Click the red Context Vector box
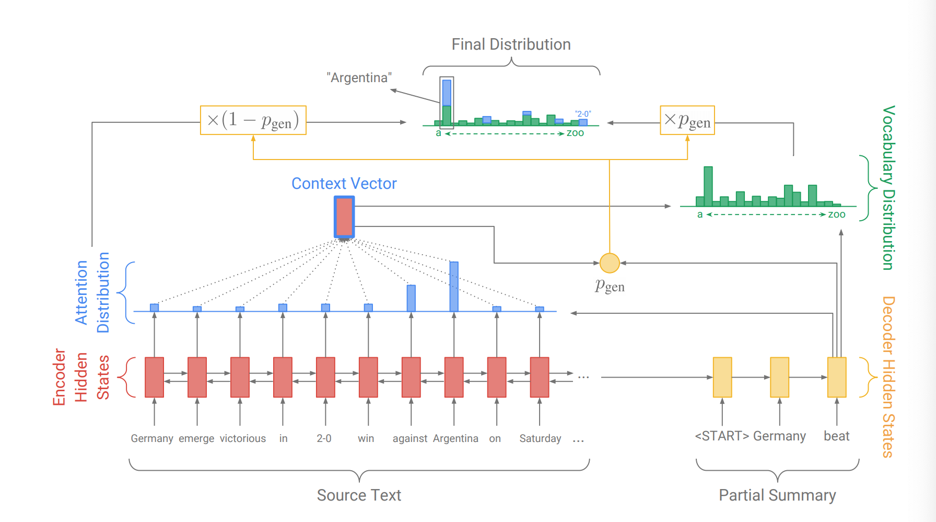click(x=344, y=217)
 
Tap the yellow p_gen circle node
click(x=610, y=263)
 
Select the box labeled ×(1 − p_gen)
click(x=253, y=120)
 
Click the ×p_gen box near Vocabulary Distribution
click(x=687, y=120)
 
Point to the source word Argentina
click(x=455, y=438)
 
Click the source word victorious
click(x=242, y=438)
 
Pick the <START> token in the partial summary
click(x=722, y=436)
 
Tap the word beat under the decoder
click(x=836, y=436)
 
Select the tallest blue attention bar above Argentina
click(x=454, y=286)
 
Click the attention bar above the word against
click(x=411, y=298)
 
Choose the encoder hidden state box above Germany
click(x=154, y=377)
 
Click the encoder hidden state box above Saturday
click(x=540, y=377)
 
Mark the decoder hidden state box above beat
click(x=837, y=377)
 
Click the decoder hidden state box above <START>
click(x=722, y=377)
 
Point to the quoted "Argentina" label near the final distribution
click(x=359, y=78)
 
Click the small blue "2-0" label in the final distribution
click(x=583, y=114)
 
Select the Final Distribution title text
click(x=511, y=44)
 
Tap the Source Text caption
click(x=359, y=495)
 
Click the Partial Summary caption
click(x=777, y=495)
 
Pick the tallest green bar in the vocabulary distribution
click(x=708, y=186)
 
